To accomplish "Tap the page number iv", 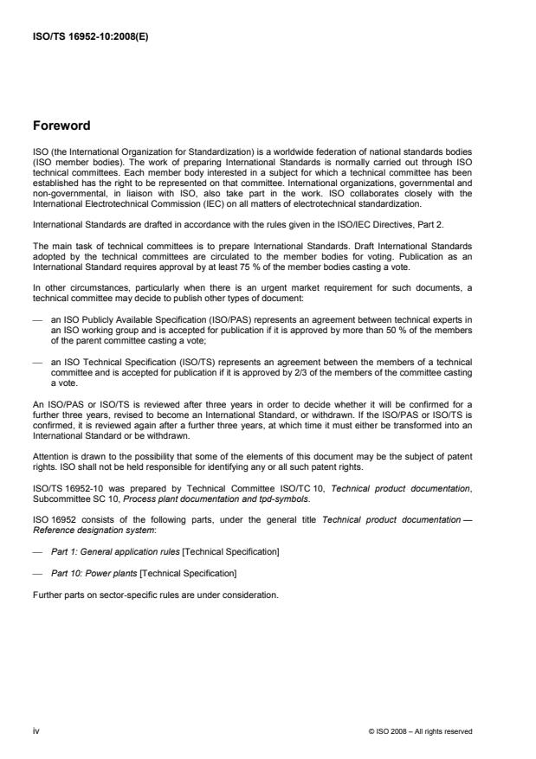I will (x=36, y=731).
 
